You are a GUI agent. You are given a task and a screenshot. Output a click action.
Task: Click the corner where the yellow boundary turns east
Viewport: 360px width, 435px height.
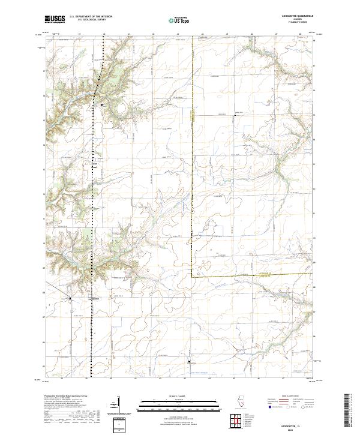click(x=192, y=277)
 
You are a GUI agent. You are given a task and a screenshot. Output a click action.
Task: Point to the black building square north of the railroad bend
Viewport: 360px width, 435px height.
click(x=102, y=105)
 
